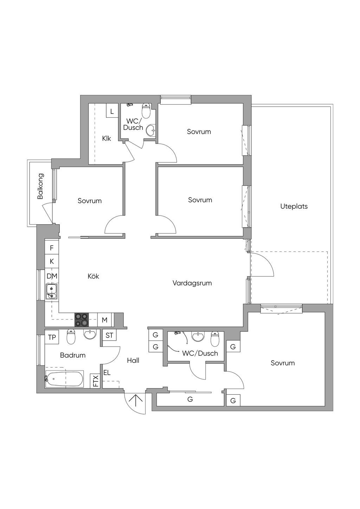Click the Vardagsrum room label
point(192,283)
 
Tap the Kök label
point(94,276)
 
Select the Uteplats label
point(294,207)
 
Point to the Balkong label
point(40,186)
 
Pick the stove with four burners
point(82,320)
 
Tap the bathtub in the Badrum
point(64,379)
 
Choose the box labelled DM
point(52,276)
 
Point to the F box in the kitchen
point(52,248)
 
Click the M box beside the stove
point(104,320)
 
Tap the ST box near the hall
point(109,336)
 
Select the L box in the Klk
point(112,111)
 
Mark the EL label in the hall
point(107,373)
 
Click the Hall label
point(133,360)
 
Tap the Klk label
point(107,138)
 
